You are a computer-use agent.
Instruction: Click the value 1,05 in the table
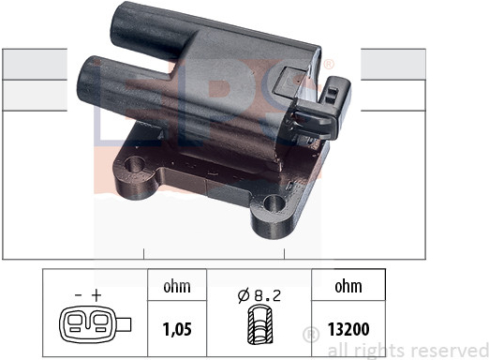(x=177, y=329)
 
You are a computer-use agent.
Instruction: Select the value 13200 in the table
(x=348, y=329)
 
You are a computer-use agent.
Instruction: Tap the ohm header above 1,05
(x=177, y=286)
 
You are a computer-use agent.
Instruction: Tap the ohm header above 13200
(x=348, y=286)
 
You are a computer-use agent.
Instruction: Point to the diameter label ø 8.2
(x=259, y=295)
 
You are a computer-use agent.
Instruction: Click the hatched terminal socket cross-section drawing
(x=260, y=326)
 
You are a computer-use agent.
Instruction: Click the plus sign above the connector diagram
(x=96, y=294)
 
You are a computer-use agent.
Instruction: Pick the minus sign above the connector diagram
(x=79, y=294)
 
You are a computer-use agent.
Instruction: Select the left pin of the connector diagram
(x=76, y=322)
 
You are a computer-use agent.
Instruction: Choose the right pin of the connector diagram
(x=101, y=322)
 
